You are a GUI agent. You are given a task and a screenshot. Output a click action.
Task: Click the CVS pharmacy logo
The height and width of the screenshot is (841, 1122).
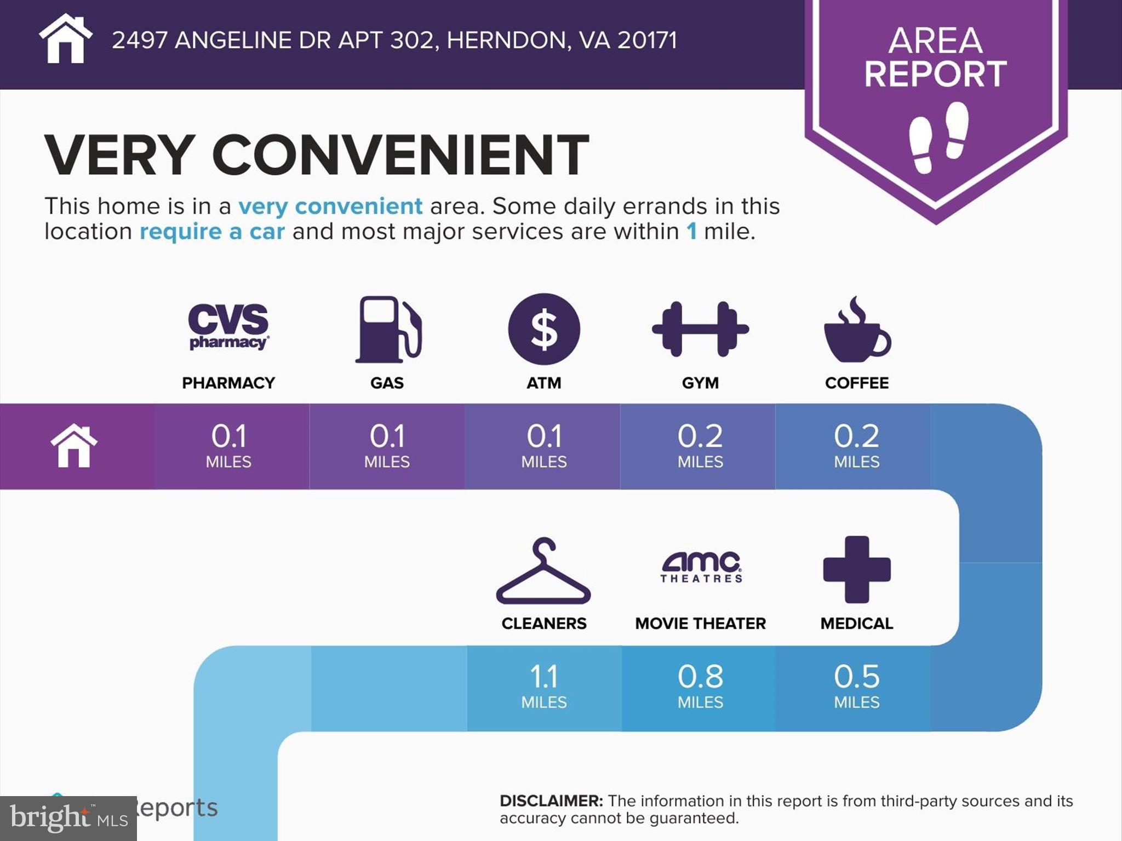click(228, 327)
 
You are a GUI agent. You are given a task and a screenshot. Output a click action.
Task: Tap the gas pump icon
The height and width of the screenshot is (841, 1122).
click(388, 329)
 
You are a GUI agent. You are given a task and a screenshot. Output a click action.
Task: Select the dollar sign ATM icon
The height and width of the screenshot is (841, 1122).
click(544, 329)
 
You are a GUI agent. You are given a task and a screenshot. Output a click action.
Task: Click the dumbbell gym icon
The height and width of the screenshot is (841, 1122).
click(700, 329)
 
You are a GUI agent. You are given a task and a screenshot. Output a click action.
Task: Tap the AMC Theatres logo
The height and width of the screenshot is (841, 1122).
click(701, 567)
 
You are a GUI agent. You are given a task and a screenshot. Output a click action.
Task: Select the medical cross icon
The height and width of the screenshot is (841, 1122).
click(857, 569)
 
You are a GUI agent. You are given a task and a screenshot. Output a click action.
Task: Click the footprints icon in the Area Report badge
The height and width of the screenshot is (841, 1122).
click(938, 137)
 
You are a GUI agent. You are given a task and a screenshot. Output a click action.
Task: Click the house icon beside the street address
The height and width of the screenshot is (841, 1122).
click(66, 39)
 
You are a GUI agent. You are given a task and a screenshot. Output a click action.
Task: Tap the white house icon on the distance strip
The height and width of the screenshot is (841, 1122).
click(74, 446)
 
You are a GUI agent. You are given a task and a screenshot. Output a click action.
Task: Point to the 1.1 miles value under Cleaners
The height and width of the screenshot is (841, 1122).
click(544, 677)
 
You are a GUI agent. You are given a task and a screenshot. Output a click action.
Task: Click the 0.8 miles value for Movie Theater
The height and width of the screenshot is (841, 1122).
click(700, 677)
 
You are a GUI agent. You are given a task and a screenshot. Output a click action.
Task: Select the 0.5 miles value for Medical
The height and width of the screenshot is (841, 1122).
click(857, 677)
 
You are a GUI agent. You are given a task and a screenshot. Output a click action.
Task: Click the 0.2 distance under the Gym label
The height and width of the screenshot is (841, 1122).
click(700, 437)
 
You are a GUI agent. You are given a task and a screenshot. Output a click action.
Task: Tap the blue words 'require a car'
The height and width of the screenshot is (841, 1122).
click(212, 232)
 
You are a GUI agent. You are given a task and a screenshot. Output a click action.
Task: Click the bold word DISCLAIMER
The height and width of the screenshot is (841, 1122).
click(551, 801)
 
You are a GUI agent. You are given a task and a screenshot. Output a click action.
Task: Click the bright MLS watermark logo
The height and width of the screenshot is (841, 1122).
click(68, 819)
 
